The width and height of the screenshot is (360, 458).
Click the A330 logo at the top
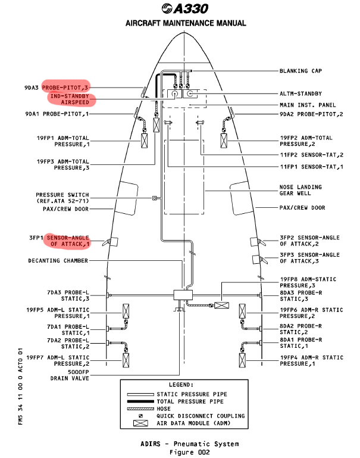pos(185,9)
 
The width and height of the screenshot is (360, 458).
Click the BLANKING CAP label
pos(300,70)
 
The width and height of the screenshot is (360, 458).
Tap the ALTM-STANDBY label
pos(300,94)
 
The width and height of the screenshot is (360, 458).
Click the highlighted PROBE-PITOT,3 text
pos(66,87)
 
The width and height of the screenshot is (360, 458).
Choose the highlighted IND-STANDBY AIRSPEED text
pos(70,99)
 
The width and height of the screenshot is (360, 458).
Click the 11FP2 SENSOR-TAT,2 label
pos(311,155)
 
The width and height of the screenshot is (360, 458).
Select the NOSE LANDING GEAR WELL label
pos(300,191)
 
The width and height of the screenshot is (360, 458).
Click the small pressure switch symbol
pos(155,198)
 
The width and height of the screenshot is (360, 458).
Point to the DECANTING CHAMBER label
pos(58,260)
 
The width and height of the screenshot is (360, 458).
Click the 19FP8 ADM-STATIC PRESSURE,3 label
pos(308,282)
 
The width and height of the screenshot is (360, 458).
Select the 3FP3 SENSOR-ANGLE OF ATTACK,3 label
pos(309,257)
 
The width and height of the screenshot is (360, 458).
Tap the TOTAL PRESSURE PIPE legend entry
pos(191,401)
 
